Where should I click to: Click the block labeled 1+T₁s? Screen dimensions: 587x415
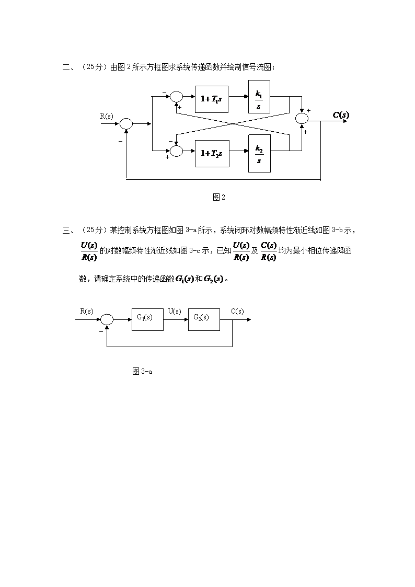click(212, 98)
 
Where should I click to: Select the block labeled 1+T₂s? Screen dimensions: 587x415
click(212, 153)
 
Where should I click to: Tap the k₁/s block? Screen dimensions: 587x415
click(259, 97)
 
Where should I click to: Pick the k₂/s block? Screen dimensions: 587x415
click(259, 153)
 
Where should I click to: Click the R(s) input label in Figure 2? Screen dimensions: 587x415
click(107, 116)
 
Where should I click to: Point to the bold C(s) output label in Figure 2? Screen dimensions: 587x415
click(341, 115)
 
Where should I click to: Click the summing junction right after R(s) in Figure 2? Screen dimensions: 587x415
click(126, 124)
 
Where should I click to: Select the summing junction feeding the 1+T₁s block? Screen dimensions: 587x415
click(177, 97)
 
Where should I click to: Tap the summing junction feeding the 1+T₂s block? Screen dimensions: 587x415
click(177, 151)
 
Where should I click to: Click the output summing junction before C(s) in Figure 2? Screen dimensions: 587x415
click(302, 119)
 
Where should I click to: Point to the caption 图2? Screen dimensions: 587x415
click(219, 197)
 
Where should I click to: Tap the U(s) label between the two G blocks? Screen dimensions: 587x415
click(175, 312)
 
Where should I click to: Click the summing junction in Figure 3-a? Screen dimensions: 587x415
click(107, 319)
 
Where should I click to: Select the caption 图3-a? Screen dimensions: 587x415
click(142, 372)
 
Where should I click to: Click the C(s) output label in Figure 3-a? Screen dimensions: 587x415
click(237, 312)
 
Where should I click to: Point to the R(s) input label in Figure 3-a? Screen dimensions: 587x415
click(87, 312)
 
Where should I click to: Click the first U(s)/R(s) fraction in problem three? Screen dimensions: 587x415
click(88, 251)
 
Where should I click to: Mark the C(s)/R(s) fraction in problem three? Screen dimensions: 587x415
click(268, 251)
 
